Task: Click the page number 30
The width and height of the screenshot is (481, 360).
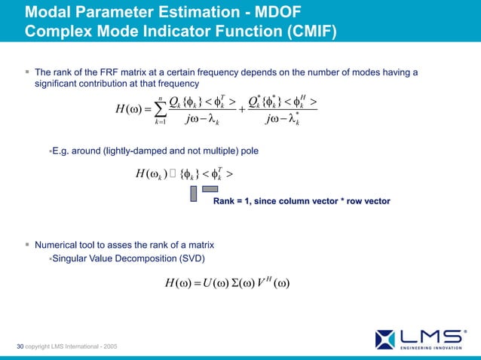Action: click(x=20, y=346)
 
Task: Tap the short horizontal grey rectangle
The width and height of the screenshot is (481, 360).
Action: click(x=210, y=188)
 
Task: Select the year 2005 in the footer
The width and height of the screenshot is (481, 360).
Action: click(x=107, y=346)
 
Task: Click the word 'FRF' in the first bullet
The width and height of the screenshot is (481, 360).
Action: click(x=100, y=72)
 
